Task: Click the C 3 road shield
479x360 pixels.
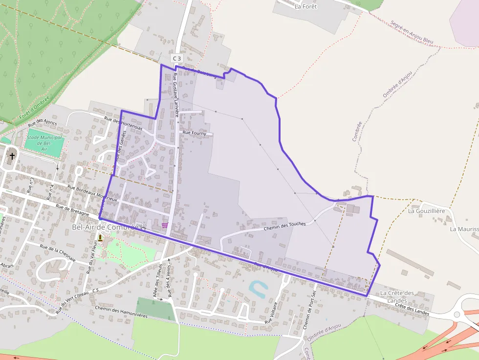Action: click(x=177, y=59)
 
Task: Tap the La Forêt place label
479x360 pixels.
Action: click(x=305, y=6)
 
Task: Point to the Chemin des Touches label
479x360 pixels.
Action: click(x=284, y=225)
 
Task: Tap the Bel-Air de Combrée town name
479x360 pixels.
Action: click(x=105, y=227)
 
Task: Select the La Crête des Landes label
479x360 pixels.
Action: click(x=397, y=296)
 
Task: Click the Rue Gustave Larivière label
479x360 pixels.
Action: click(x=176, y=95)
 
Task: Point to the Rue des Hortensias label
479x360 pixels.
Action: click(x=124, y=123)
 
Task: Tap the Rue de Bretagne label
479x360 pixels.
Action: click(x=72, y=210)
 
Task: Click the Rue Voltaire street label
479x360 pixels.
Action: click(x=271, y=313)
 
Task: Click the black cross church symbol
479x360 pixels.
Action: click(x=12, y=156)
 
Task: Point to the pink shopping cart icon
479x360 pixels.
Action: click(x=165, y=225)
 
